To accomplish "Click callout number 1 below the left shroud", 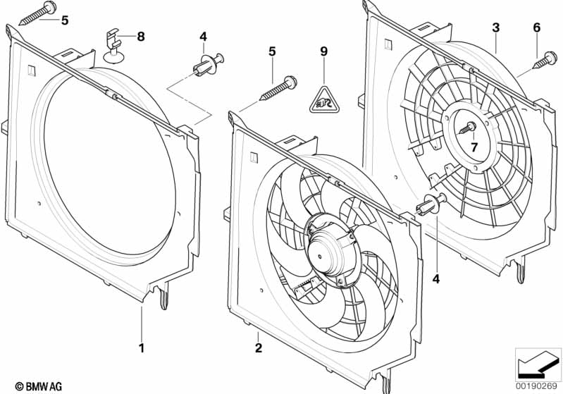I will point(142,347).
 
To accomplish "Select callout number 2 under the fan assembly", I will point(259,347).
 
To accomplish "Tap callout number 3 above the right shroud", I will point(496,27).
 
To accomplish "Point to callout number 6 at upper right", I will point(537,27).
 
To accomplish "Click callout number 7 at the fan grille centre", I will point(474,147).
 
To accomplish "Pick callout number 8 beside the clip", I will point(141,37).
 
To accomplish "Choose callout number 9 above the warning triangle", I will point(323,51).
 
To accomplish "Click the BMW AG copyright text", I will point(35,386).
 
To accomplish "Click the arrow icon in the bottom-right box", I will point(537,364).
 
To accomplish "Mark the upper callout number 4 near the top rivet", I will point(203,36).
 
